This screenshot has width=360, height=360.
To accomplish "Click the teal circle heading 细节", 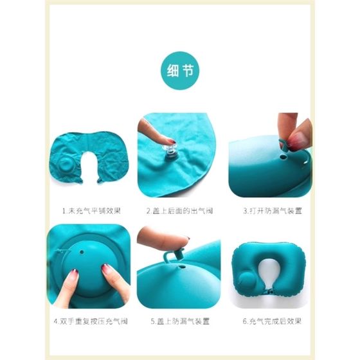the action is pyautogui.click(x=180, y=70).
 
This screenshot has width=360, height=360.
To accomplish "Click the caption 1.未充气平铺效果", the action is pyautogui.click(x=91, y=211).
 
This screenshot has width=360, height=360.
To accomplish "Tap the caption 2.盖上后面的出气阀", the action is pyautogui.click(x=180, y=211).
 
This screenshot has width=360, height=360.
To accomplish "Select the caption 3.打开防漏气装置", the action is pyautogui.click(x=273, y=211).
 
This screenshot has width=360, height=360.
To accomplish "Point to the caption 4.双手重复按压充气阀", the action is pyautogui.click(x=91, y=321).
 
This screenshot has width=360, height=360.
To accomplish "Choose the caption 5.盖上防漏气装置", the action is pyautogui.click(x=180, y=321).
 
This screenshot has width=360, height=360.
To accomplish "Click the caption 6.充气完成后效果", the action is pyautogui.click(x=272, y=321).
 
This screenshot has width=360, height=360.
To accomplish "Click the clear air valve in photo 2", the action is pyautogui.click(x=170, y=151).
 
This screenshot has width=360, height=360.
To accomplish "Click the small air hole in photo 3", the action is pyautogui.click(x=283, y=157).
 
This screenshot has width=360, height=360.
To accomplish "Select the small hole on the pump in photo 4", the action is pyautogui.click(x=82, y=252).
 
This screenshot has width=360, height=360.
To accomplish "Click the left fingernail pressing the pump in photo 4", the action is pyautogui.click(x=74, y=275).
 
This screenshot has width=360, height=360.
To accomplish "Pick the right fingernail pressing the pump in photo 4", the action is pyautogui.click(x=107, y=269).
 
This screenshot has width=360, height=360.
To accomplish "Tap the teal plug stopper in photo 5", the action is pyautogui.click(x=174, y=255).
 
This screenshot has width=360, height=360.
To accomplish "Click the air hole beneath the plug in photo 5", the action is pyautogui.click(x=183, y=267).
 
